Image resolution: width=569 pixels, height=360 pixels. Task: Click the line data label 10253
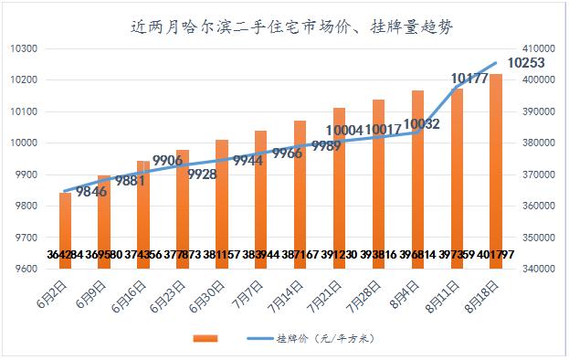pos(526,63)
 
